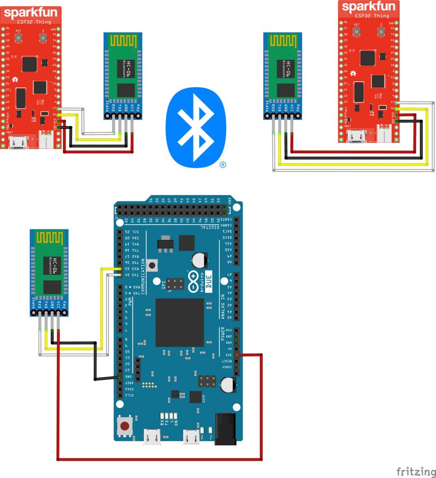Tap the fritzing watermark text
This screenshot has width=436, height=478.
416,470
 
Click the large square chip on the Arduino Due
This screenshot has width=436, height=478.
179,322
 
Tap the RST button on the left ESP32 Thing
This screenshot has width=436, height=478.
19,37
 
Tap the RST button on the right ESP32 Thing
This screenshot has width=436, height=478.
358,32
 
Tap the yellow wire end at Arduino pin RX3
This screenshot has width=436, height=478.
120,269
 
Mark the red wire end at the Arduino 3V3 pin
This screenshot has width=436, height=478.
240,355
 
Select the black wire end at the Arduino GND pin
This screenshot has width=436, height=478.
120,377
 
